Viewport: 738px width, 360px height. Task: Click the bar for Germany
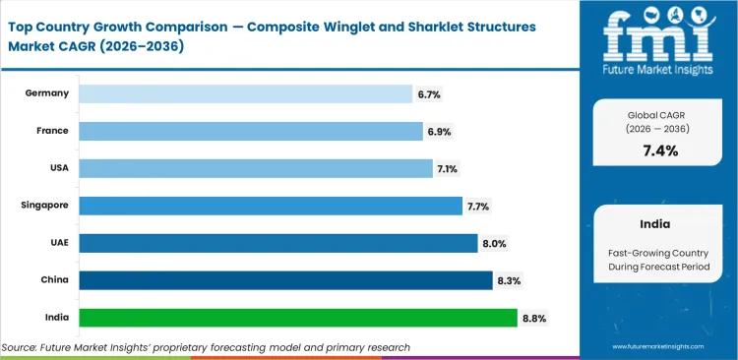click(245, 93)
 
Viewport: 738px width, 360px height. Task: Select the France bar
click(250, 131)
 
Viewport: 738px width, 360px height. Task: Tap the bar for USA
click(255, 168)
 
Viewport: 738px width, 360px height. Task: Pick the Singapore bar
click(270, 206)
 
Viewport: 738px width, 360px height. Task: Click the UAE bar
click(277, 243)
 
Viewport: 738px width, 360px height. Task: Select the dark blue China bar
click(285, 280)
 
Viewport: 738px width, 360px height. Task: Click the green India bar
click(297, 318)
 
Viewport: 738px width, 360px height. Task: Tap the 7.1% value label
click(448, 169)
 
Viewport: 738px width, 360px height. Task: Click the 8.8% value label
click(533, 319)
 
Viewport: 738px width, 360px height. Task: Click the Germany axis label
click(48, 93)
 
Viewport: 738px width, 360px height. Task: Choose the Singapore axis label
click(44, 206)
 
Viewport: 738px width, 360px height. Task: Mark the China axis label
click(54, 280)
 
